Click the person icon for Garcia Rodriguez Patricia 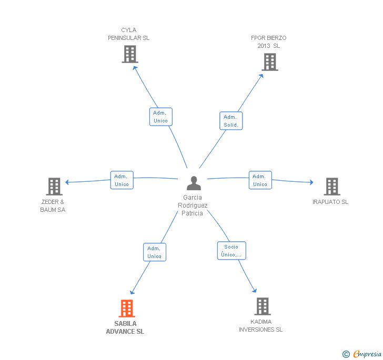(194, 183)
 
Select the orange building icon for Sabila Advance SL (127, 308)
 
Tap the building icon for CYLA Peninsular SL (129, 54)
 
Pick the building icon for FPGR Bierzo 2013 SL (269, 62)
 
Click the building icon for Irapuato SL (331, 187)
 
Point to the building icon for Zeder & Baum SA (54, 187)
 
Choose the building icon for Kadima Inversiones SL (262, 306)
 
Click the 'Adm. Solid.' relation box (231, 121)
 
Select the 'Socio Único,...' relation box (231, 251)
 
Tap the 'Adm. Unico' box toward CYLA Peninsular (160, 117)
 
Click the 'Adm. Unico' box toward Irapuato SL (260, 180)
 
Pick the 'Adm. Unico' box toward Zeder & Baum (122, 180)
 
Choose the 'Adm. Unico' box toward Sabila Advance (154, 252)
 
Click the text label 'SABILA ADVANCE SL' (125, 328)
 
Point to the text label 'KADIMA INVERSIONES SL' (260, 326)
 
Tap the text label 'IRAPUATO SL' (330, 202)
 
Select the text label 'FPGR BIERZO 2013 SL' (268, 42)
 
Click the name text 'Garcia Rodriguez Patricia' (193, 205)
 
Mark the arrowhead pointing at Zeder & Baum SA (67, 182)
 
